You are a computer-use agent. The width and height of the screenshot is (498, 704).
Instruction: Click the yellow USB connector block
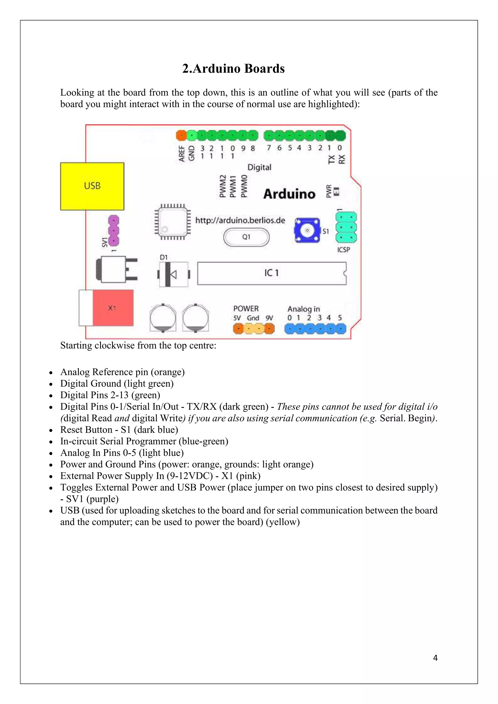(x=92, y=186)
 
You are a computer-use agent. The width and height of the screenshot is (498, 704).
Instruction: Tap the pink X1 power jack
(x=113, y=308)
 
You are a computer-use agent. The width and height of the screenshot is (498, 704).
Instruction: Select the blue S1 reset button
(x=307, y=230)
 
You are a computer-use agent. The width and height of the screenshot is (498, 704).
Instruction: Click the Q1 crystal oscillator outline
(x=246, y=237)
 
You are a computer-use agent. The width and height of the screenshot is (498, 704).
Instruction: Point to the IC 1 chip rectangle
(x=272, y=273)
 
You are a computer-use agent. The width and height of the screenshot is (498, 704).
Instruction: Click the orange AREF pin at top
(x=181, y=135)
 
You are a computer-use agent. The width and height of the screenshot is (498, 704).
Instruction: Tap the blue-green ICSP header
(x=346, y=227)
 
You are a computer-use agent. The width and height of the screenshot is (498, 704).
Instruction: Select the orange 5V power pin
(x=238, y=329)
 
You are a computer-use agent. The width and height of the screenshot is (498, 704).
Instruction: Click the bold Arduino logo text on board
(x=289, y=194)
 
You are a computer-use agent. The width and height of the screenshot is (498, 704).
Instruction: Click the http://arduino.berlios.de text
(x=240, y=220)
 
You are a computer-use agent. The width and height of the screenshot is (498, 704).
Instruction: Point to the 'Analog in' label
(x=303, y=309)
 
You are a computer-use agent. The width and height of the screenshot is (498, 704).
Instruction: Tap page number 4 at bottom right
(x=435, y=658)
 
